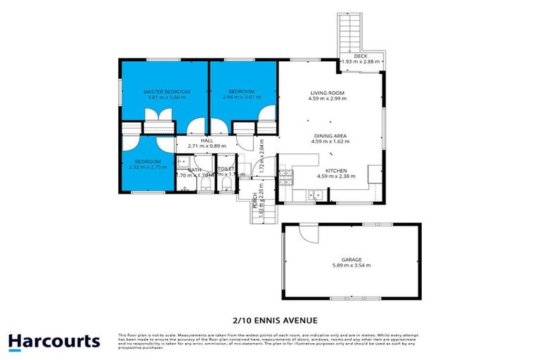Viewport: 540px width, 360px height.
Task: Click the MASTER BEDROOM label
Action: tap(162, 91)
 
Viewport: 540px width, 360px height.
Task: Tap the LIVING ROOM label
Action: tap(328, 92)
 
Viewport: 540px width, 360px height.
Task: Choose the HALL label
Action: tap(207, 141)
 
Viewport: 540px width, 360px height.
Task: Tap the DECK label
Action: tap(361, 56)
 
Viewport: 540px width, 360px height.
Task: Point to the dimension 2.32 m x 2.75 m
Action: tap(148, 167)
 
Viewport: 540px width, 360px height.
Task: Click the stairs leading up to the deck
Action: tap(349, 32)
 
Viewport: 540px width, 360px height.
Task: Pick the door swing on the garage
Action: tap(305, 233)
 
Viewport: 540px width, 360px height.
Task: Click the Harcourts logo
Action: tap(54, 342)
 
